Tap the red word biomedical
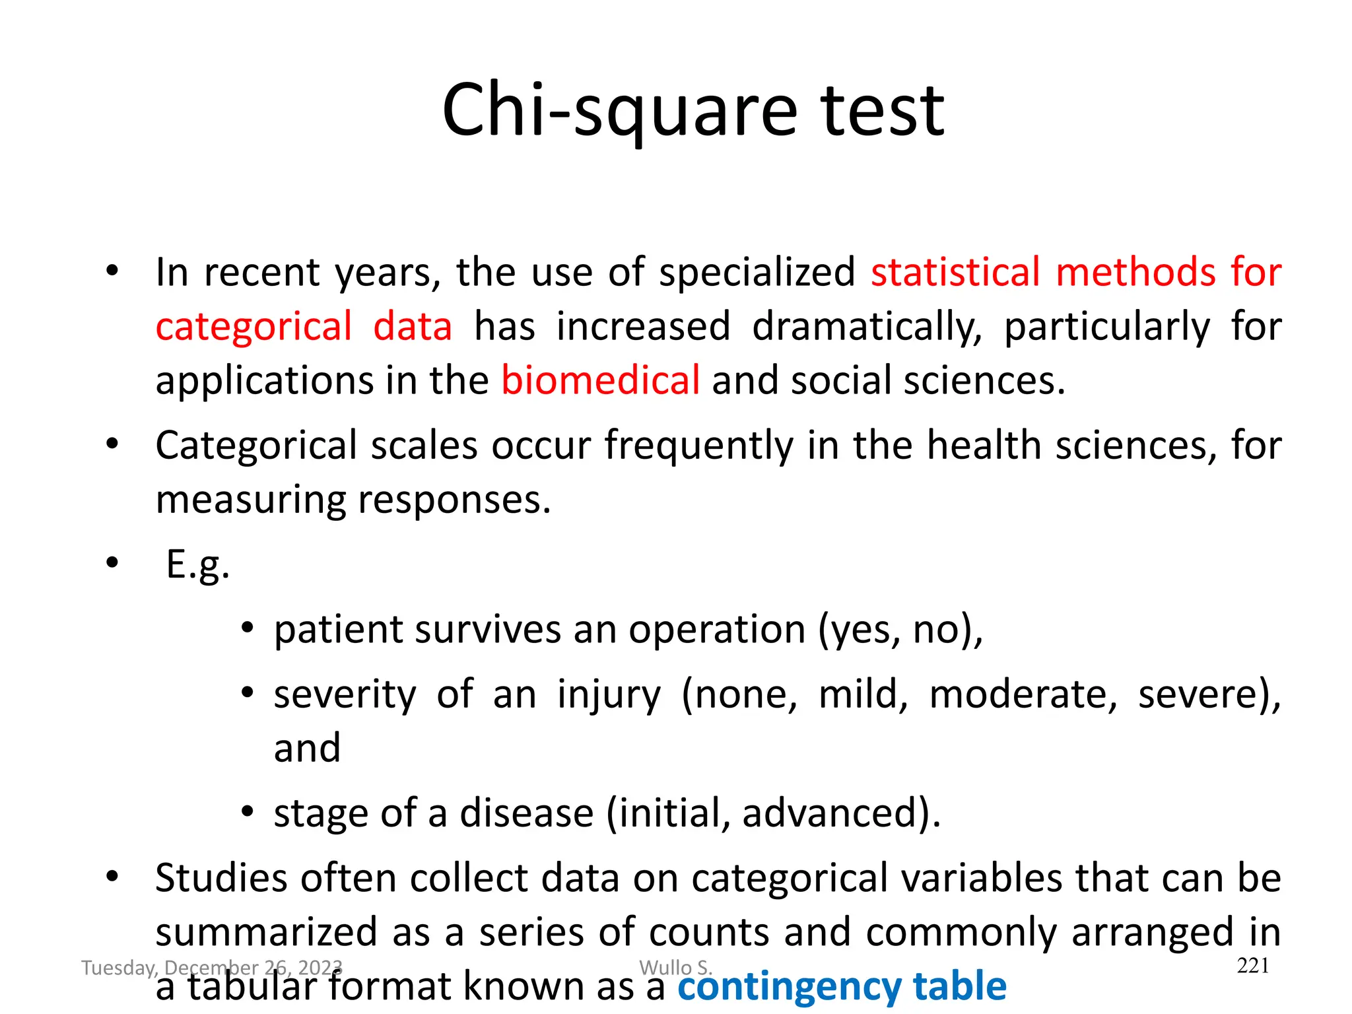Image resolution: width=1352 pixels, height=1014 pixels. click(x=600, y=381)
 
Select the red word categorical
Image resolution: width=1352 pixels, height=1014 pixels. click(x=253, y=327)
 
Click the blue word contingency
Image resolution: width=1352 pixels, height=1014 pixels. click(x=788, y=987)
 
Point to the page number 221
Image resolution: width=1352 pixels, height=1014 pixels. click(x=1252, y=966)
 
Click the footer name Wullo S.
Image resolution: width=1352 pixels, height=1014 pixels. click(x=675, y=968)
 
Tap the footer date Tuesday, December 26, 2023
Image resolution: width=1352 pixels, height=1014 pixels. click(x=211, y=968)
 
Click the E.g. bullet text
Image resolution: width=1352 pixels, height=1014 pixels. click(x=197, y=565)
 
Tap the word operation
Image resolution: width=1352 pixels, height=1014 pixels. click(x=717, y=630)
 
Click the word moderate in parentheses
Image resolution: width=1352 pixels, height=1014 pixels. click(x=1023, y=695)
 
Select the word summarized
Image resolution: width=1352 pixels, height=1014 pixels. click(x=266, y=933)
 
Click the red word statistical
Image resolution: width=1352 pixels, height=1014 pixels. click(x=955, y=273)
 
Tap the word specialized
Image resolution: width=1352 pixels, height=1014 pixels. click(x=757, y=273)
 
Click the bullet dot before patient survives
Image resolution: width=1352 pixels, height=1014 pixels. click(x=247, y=628)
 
